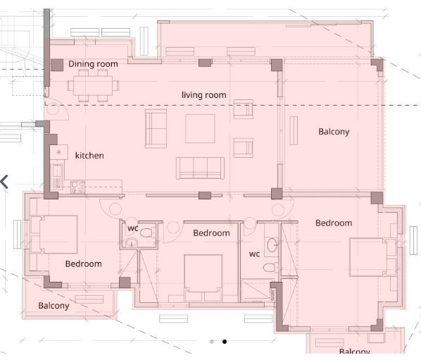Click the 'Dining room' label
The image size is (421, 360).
[93, 64]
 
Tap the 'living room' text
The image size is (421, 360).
[203, 95]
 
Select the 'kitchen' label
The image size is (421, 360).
[89, 155]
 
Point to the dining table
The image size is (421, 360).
[93, 85]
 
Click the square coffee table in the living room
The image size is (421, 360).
[200, 128]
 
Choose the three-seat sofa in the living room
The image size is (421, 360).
[200, 168]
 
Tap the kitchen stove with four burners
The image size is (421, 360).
[78, 187]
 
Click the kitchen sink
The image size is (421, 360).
[58, 170]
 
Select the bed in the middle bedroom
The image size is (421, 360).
[203, 278]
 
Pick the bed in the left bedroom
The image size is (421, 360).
[54, 235]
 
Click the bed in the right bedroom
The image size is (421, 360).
[373, 257]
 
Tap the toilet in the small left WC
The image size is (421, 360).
[147, 232]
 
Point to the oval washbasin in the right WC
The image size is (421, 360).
[272, 244]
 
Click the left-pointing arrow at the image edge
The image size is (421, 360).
[4, 182]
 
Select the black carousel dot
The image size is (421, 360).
[225, 342]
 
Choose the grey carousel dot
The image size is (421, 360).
[212, 342]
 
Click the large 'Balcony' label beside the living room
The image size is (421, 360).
[334, 132]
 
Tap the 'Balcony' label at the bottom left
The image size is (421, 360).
[54, 306]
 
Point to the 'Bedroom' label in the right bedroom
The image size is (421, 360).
[334, 223]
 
